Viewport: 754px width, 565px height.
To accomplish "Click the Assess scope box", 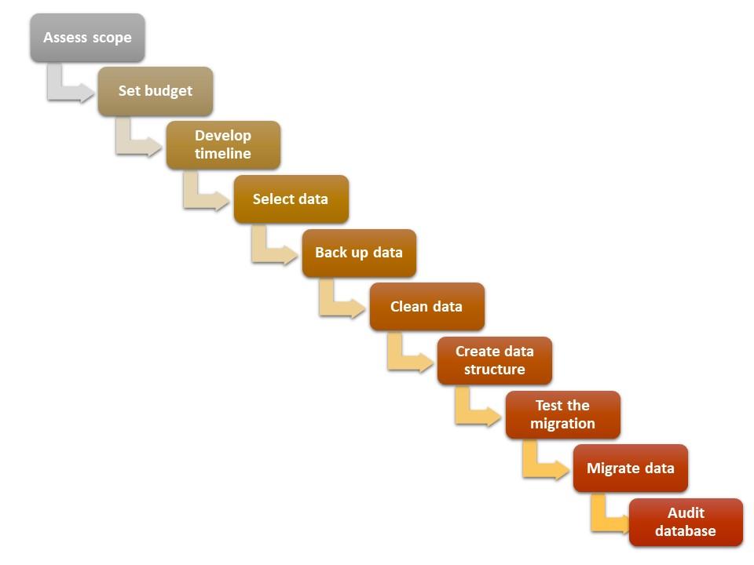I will [87, 38].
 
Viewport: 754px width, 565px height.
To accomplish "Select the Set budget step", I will [156, 91].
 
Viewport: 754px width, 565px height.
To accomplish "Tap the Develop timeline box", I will [223, 145].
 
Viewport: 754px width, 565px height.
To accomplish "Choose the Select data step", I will [291, 199].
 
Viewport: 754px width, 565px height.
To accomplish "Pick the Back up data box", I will [359, 253].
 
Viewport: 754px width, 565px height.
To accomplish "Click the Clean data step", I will [426, 307].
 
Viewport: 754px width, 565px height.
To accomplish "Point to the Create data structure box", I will [495, 360].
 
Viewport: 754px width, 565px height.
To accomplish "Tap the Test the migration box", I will [562, 414].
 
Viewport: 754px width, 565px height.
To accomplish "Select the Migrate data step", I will [631, 468].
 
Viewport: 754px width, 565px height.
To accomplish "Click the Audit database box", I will [686, 522].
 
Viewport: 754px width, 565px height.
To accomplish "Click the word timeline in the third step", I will [223, 154].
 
